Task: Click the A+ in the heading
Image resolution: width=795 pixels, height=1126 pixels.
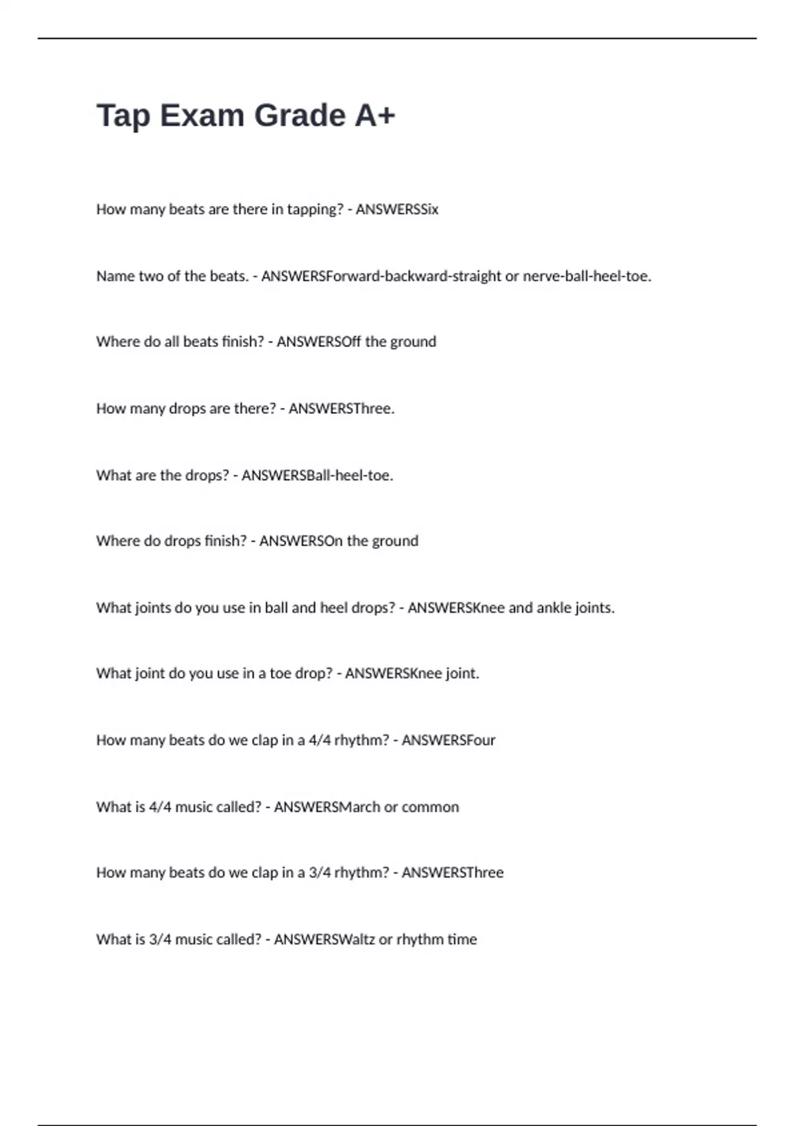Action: coord(374,116)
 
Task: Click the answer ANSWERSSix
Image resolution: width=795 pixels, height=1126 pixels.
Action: coord(397,209)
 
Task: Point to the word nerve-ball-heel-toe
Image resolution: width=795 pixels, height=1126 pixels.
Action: coord(587,276)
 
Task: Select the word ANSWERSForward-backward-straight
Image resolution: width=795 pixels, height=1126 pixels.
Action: coord(381,276)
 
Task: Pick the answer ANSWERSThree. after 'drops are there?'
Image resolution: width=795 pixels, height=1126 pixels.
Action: coord(341,409)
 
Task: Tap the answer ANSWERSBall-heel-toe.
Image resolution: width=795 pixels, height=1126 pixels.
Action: coord(317,476)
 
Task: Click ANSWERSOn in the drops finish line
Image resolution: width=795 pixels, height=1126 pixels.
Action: coord(301,541)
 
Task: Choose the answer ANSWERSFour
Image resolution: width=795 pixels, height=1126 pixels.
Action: coord(449,740)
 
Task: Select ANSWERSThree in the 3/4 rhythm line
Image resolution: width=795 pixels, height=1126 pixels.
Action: coord(452,872)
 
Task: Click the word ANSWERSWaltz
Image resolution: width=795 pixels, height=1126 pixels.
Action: coord(325,939)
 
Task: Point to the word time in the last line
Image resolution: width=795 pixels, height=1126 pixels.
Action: coord(462,939)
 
